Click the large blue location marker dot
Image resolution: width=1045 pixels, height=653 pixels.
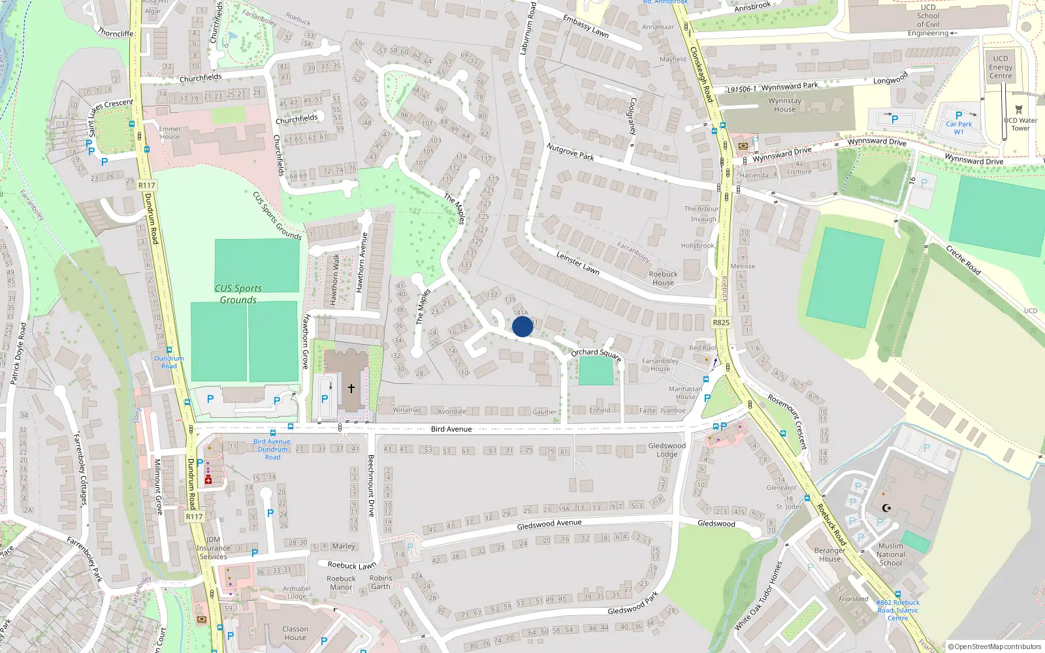tap(522, 326)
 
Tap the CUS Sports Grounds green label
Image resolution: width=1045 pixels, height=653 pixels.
tap(238, 294)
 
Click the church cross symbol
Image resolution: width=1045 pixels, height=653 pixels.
tap(351, 389)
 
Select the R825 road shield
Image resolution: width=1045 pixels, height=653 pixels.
tap(721, 323)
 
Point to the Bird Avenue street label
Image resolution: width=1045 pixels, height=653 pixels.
tap(451, 429)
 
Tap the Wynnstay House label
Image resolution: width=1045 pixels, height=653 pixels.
tap(784, 105)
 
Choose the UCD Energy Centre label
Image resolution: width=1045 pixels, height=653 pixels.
tap(1000, 67)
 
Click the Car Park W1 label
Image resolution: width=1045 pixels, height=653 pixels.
tap(959, 128)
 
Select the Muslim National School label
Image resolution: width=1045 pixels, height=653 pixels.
tap(891, 554)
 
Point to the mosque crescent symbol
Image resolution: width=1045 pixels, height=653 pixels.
tap(886, 508)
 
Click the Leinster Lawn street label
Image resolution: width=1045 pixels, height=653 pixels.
tap(578, 263)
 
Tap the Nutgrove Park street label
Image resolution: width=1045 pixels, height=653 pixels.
tap(570, 152)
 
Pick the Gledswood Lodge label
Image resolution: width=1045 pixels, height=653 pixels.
tap(667, 450)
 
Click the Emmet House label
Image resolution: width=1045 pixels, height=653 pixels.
tap(170, 133)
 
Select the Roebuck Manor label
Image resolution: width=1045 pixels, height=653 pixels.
tap(341, 582)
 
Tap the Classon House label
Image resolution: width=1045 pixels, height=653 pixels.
tap(295, 633)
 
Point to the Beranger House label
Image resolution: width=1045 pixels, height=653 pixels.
tap(829, 554)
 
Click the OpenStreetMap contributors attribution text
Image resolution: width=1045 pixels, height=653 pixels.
tap(995, 646)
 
